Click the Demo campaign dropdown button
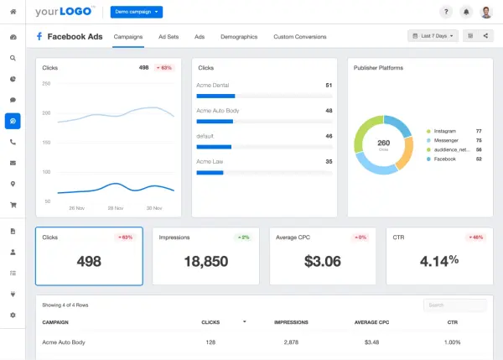[x=137, y=12]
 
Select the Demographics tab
[x=238, y=37]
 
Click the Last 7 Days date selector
[x=433, y=36]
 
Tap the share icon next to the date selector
[x=485, y=36]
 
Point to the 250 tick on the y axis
[x=46, y=84]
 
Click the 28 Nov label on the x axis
[x=76, y=207]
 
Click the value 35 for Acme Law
[x=329, y=161]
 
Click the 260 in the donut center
[x=384, y=142]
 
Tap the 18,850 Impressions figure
[x=206, y=261]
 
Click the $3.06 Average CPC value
[x=322, y=261]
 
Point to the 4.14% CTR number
[x=438, y=261]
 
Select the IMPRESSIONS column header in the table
[x=291, y=322]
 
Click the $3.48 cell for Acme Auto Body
[x=372, y=342]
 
